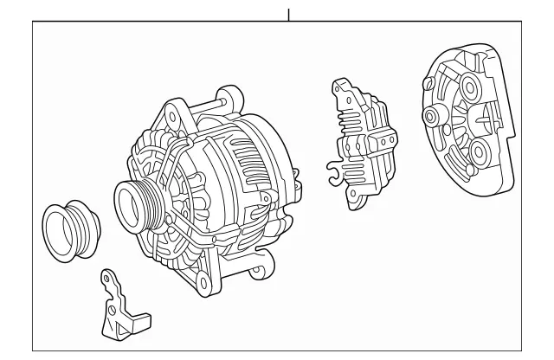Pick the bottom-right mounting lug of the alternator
[257, 273]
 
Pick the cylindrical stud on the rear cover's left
[430, 117]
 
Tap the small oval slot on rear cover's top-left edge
[427, 83]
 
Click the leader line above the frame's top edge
[289, 13]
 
